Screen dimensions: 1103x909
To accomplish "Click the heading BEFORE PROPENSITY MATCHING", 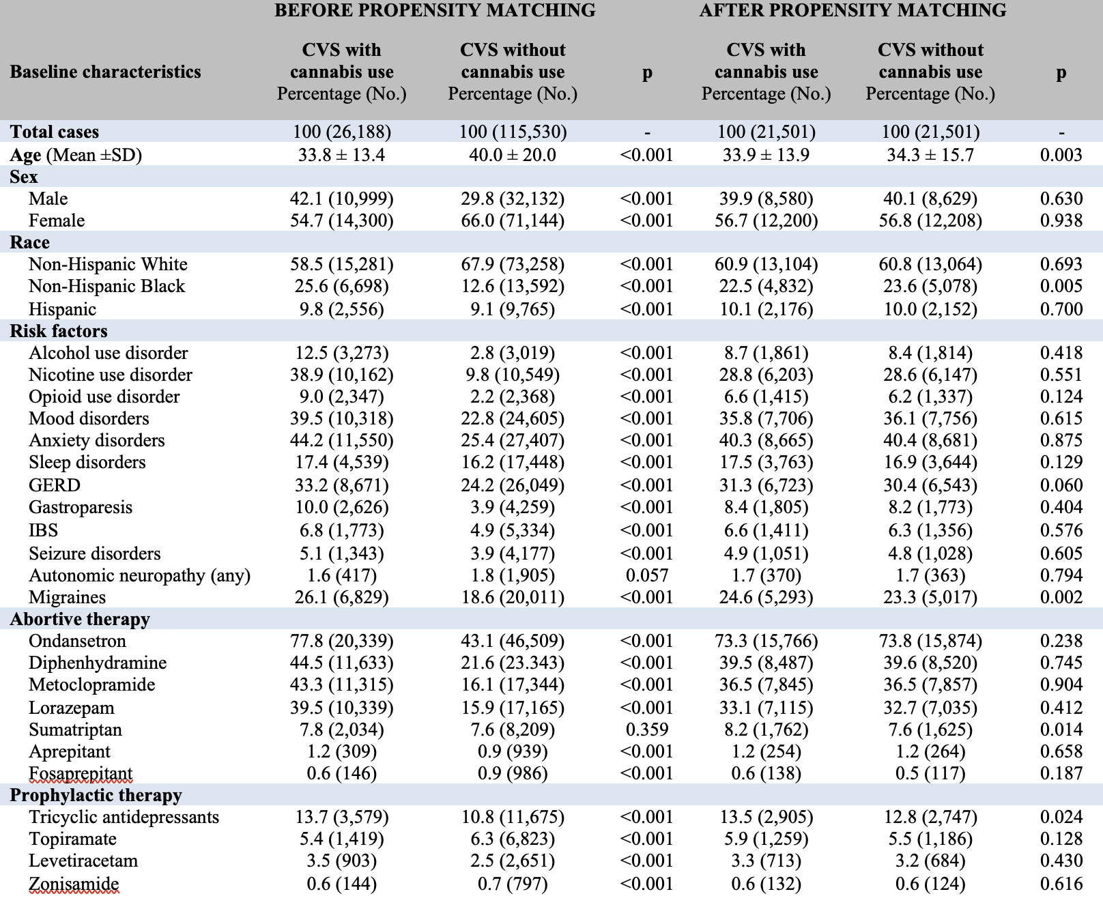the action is point(435,10).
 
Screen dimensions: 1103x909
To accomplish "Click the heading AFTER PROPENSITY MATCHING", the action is point(853,10).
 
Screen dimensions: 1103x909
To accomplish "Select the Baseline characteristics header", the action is point(105,72).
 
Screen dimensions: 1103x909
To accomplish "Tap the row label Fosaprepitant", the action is point(81,773).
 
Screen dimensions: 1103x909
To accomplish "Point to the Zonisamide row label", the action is point(74,884).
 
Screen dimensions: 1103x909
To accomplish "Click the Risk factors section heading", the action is point(59,331).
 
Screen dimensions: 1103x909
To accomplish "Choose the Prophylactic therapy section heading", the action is point(96,795).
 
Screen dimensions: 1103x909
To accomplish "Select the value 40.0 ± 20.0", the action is point(513,155).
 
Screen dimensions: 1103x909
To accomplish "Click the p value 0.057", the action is point(647,575).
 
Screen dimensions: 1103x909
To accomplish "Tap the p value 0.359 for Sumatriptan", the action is point(647,730).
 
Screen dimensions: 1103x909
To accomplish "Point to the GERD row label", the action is point(55,485).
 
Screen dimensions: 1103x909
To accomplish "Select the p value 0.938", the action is point(1061,220).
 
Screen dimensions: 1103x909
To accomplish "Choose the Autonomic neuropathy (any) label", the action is point(139,575).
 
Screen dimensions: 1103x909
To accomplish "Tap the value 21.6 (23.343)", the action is point(513,663).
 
